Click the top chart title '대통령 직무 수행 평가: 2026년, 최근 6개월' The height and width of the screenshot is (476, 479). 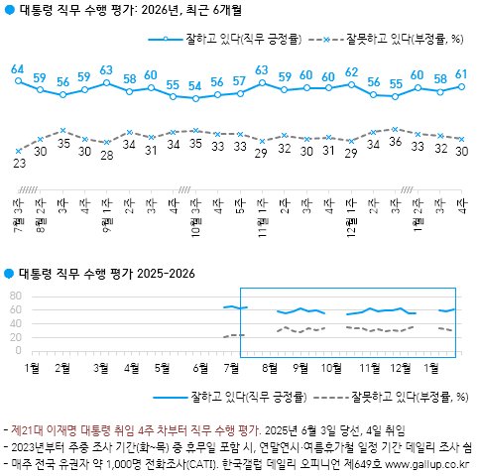(129, 13)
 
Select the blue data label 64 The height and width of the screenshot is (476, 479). (18, 69)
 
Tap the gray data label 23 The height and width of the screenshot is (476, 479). (18, 164)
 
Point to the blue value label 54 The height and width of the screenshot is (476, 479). (195, 86)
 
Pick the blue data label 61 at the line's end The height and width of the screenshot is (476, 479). (462, 74)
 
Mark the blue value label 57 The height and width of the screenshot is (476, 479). (240, 81)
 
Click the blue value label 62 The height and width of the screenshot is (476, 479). (351, 72)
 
